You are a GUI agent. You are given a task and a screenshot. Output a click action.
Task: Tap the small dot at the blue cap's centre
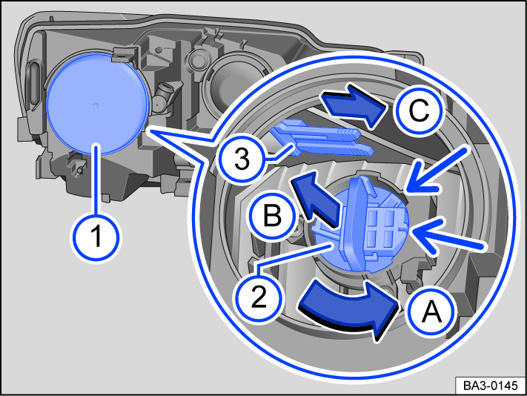(95, 106)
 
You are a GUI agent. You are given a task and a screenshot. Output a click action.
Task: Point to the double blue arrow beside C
(352, 106)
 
